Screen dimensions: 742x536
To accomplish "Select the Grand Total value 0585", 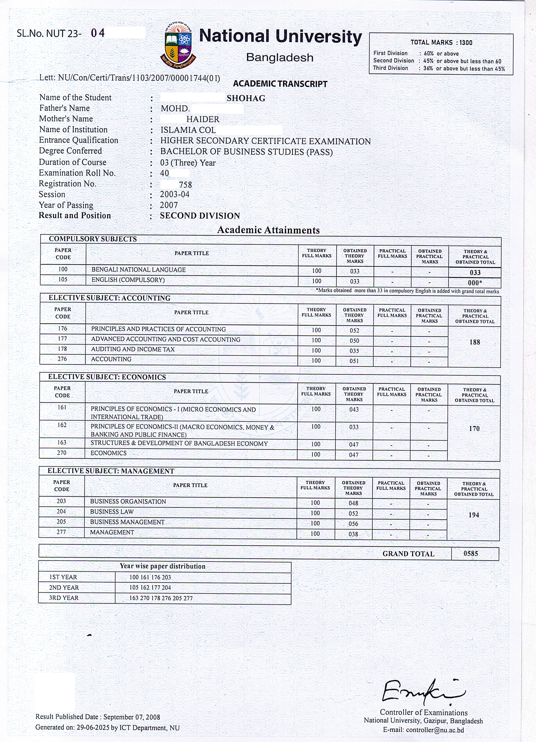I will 471,554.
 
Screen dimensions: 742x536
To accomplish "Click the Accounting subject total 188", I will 475,342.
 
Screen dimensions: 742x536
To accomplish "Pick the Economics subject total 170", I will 474,429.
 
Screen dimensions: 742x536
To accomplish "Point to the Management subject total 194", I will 474,515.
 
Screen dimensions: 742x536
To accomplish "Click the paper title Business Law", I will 112,512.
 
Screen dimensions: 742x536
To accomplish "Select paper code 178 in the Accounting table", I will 62,349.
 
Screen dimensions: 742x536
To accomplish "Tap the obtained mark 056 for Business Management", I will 353,524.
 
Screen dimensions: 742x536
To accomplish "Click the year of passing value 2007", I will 169,205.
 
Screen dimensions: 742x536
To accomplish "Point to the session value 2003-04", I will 175,194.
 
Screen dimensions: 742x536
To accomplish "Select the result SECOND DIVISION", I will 200,216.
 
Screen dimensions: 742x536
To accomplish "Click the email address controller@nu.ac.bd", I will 435,730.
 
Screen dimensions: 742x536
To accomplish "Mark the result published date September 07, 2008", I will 132,717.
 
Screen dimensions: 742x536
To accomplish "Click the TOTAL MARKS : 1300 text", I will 441,42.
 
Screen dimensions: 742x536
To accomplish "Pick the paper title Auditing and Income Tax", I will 133,349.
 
